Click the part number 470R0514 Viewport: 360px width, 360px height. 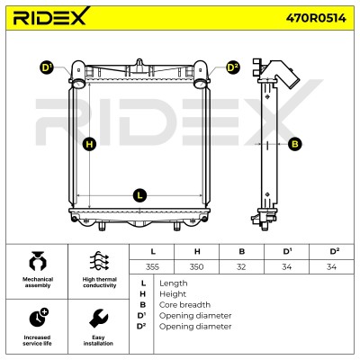tap(316, 18)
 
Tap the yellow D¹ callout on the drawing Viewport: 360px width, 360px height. tap(46, 67)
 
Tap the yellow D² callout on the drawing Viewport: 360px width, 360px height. tap(232, 67)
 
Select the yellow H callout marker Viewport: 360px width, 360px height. tap(90, 144)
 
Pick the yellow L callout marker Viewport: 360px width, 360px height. tap(139, 195)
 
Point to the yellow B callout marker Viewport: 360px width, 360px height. tap(294, 144)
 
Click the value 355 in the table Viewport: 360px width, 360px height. tap(152, 266)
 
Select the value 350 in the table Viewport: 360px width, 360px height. tap(196, 266)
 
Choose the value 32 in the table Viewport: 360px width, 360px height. tap(241, 266)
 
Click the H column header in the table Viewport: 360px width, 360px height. tap(197, 251)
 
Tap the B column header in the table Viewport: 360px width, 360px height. tap(242, 251)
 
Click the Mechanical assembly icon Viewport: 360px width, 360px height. tap(38, 261)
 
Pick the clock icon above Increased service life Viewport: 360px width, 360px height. tap(39, 318)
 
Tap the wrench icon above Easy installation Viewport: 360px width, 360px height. tap(98, 319)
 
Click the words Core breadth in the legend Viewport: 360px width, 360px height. tap(184, 305)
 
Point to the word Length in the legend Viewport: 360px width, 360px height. tap(174, 283)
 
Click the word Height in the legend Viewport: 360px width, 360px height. tap(173, 294)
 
